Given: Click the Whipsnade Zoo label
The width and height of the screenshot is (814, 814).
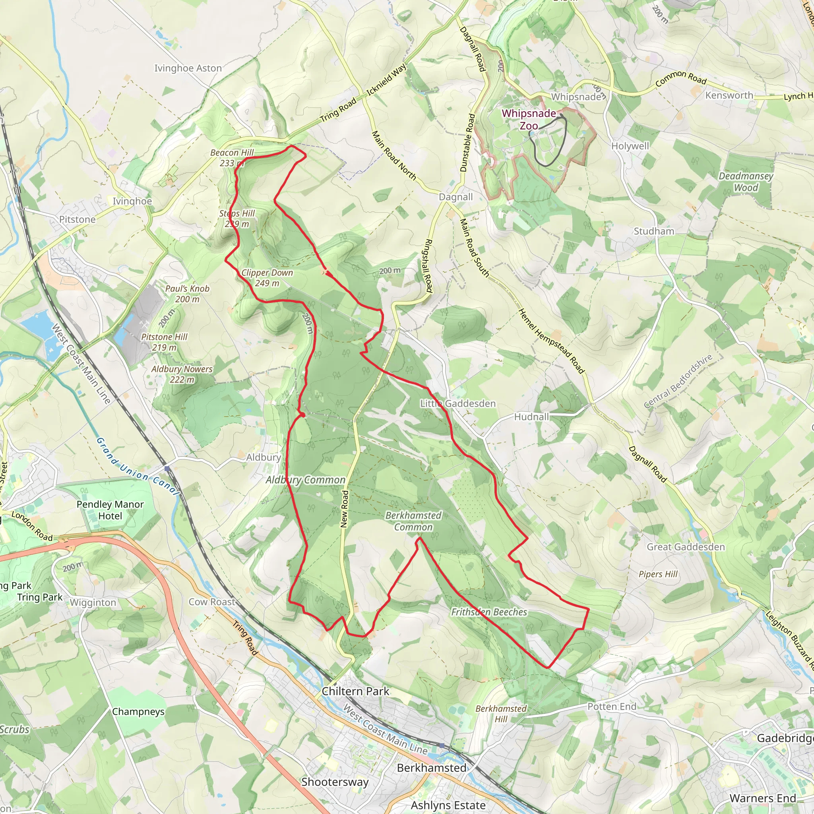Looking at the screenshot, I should coord(529,120).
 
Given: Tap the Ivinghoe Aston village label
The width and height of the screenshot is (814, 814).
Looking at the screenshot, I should coord(188,68).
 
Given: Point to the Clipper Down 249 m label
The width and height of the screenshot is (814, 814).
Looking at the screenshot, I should coord(267,278).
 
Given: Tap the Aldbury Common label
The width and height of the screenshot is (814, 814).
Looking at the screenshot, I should coord(306,480).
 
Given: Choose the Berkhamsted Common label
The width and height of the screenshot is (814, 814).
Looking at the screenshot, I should coord(413,521).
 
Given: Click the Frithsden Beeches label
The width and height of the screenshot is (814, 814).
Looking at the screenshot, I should coord(489,612).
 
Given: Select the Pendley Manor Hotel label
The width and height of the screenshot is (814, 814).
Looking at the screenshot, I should coord(110,510).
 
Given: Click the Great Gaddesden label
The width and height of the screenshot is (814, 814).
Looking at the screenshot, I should coord(686,547).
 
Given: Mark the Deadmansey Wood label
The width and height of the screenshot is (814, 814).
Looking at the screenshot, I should coord(746,182).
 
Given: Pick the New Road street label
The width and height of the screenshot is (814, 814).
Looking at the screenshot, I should coord(345,508).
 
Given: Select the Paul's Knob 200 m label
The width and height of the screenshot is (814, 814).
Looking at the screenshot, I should coord(187,294).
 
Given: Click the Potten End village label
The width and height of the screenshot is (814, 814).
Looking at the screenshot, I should coord(612,707).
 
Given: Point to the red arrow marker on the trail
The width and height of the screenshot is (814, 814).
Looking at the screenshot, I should coord(329,274).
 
